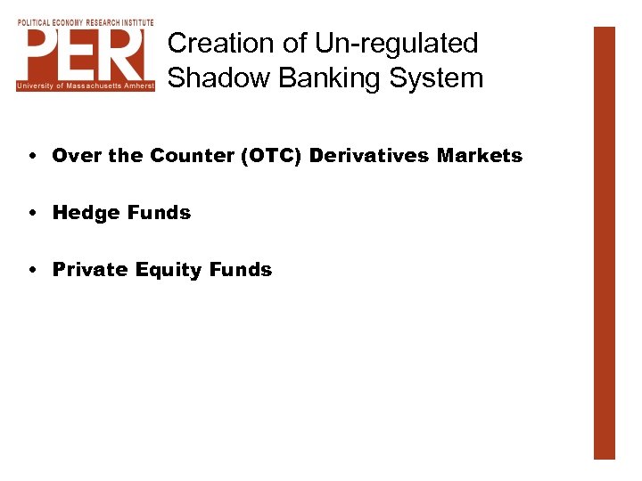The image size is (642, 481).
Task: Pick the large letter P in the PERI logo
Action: pyautogui.click(x=45, y=54)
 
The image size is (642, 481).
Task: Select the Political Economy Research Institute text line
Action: pyautogui.click(x=86, y=22)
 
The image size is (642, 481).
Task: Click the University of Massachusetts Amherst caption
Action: pyautogui.click(x=86, y=86)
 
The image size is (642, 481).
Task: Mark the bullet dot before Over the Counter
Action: pyautogui.click(x=31, y=156)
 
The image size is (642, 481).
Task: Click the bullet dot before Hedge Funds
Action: pyautogui.click(x=31, y=213)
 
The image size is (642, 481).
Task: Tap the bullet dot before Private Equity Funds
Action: pyautogui.click(x=31, y=270)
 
